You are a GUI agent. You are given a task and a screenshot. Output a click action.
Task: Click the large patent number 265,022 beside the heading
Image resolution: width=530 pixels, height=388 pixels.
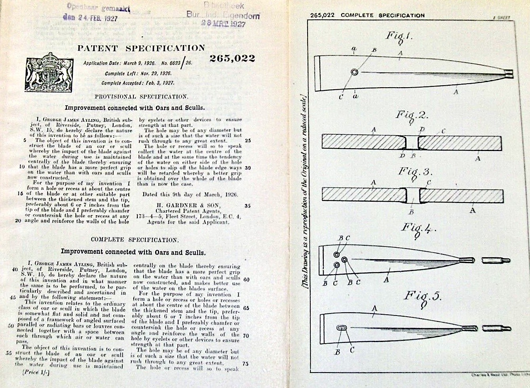tap(232, 59)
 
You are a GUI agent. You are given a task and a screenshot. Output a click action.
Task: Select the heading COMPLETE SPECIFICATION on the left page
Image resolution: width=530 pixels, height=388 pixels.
tap(135, 240)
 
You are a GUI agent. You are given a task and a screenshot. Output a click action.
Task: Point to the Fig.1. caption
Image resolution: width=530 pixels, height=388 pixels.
tap(399, 36)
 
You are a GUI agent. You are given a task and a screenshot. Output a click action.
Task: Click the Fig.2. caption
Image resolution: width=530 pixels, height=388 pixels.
tap(412, 115)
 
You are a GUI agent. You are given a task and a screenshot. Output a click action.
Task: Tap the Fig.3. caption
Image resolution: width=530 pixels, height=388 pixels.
tap(414, 172)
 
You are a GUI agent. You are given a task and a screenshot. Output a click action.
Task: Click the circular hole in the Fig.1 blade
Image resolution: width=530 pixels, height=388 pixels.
tap(354, 73)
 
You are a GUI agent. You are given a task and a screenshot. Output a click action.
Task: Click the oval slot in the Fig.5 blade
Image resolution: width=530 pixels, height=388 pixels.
tap(342, 328)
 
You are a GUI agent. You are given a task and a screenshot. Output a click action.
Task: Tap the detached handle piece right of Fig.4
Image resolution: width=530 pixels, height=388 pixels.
tap(496, 260)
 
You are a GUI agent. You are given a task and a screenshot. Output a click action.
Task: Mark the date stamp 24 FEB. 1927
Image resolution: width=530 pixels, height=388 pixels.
tap(91, 18)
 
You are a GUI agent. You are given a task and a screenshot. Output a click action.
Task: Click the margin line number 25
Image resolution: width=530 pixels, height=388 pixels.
tap(248, 140)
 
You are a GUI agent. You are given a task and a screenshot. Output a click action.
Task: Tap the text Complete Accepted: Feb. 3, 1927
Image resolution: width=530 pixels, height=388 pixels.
tap(138, 83)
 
